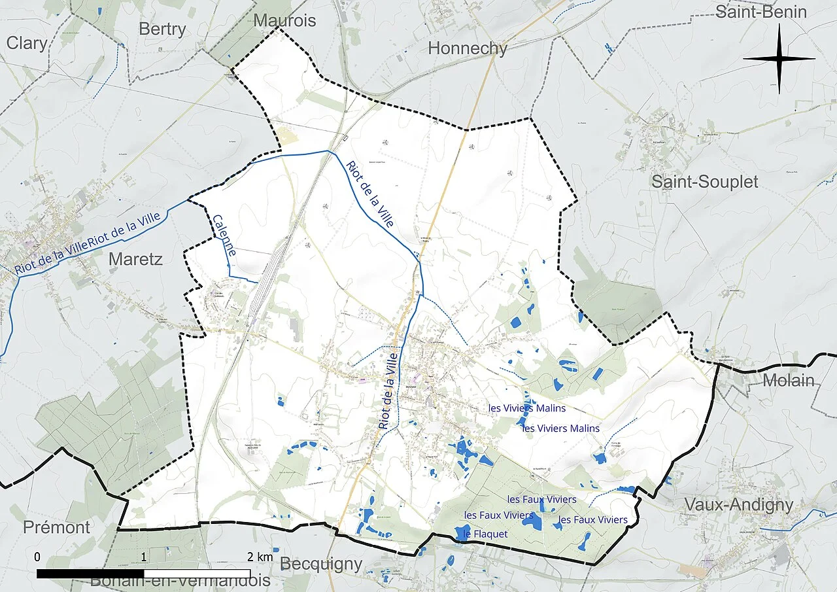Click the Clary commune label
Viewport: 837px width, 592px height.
[27, 44]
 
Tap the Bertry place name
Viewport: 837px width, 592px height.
[162, 29]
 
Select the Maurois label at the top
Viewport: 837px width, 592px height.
[284, 20]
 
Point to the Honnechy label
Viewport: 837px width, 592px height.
[468, 48]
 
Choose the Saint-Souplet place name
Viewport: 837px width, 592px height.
[704, 182]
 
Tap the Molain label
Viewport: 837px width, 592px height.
[789, 380]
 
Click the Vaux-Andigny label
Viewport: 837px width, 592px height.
[738, 504]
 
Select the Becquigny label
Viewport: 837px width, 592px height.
[320, 564]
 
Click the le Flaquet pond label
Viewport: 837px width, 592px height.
[485, 534]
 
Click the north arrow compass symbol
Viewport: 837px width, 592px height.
[779, 59]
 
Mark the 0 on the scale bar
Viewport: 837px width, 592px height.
[37, 557]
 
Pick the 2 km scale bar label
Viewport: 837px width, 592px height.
[260, 557]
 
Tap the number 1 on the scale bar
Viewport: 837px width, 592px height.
[144, 557]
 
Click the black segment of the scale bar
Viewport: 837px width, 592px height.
[90, 574]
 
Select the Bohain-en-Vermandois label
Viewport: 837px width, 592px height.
[180, 580]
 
